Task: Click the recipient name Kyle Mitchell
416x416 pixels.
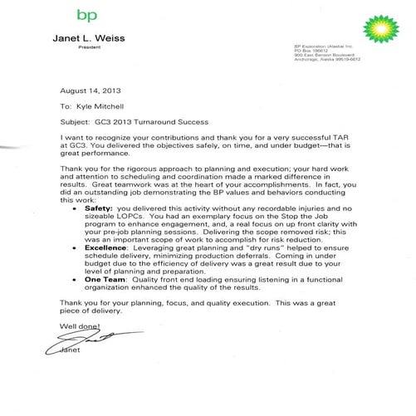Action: pyautogui.click(x=104, y=107)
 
